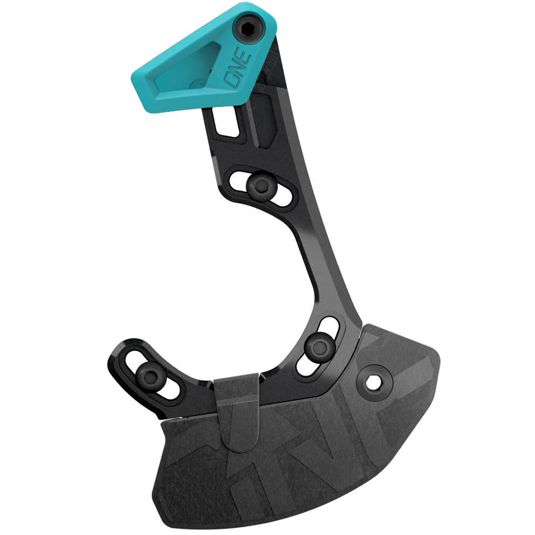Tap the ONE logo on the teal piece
tap(238, 68)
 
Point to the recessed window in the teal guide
tap(185, 66)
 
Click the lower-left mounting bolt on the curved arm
tap(151, 374)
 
